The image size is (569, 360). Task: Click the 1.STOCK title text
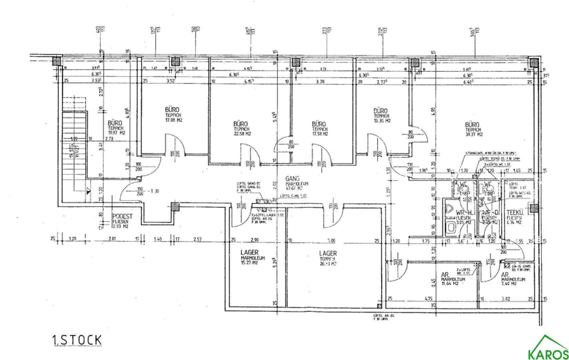pos(76,340)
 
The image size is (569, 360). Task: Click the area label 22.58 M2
pos(242,134)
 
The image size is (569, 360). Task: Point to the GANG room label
pos(293,179)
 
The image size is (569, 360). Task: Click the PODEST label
pos(123,216)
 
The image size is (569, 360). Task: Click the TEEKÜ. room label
pos(515,212)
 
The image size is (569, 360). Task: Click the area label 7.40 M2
pos(509,284)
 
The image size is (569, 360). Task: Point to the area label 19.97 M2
pos(116,133)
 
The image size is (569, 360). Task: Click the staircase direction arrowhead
pos(88,191)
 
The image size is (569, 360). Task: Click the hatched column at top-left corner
pos(56,61)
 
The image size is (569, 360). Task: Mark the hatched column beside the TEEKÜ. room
pos(534,208)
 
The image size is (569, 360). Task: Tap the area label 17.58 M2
pos(320,134)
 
